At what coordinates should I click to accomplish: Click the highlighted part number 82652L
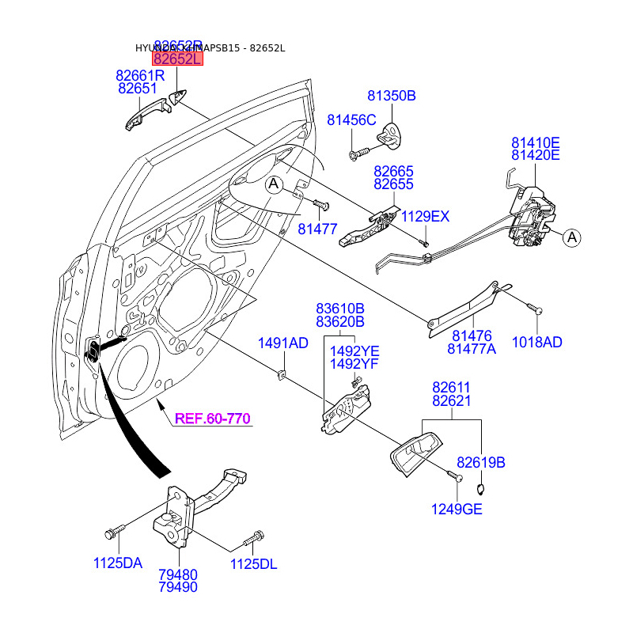pos(178,59)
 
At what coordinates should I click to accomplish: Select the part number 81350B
pos(391,96)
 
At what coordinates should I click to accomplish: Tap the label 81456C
pos(351,119)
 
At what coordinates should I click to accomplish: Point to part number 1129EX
pos(425,216)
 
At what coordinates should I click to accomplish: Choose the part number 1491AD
pos(283,343)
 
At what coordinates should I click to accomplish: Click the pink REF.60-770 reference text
pos(213,419)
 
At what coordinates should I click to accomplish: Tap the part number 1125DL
pos(254,563)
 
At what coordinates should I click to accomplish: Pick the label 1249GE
pos(457,509)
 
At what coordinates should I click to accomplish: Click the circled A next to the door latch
pos(572,237)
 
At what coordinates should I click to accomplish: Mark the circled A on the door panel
pos(274,185)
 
